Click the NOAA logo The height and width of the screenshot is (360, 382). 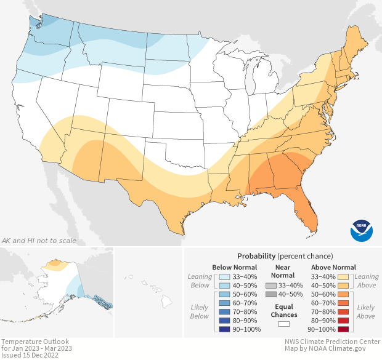(362, 230)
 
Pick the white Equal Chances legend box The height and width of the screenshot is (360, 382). (284, 322)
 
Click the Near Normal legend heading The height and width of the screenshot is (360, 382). (283, 271)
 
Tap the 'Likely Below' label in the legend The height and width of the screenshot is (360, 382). (200, 311)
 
